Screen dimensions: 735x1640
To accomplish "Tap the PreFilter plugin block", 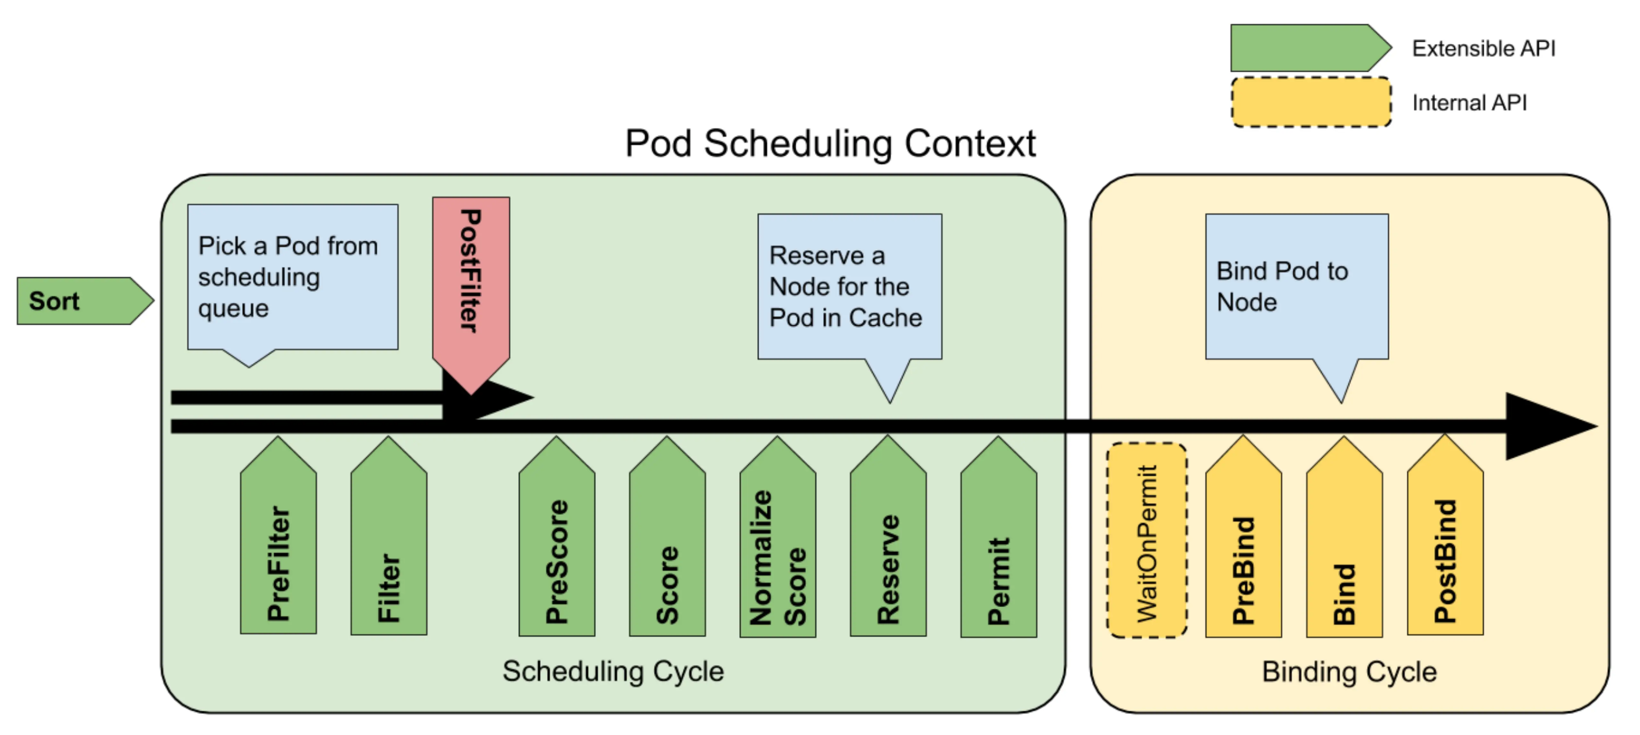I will click(x=278, y=547).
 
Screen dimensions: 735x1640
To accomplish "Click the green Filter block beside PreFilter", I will click(x=388, y=547).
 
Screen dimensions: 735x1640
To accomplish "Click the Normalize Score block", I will click(x=777, y=547).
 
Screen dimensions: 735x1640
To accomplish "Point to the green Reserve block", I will click(x=888, y=547).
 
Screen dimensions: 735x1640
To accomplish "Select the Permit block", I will click(x=998, y=547).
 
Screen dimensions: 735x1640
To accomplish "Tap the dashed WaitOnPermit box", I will click(x=1147, y=541).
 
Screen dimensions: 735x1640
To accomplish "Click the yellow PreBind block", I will click(x=1243, y=547).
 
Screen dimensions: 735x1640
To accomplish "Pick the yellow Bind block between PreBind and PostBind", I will click(x=1344, y=547).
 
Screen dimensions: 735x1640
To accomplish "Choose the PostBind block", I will click(x=1445, y=547).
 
